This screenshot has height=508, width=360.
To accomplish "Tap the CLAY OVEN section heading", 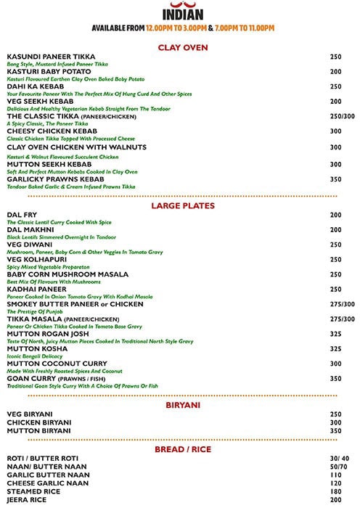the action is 183,48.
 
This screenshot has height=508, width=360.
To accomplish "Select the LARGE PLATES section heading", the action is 183,206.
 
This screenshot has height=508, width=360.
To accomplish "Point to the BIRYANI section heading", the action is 183,406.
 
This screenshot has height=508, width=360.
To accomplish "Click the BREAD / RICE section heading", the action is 183,451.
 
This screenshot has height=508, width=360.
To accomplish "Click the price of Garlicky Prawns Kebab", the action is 335,179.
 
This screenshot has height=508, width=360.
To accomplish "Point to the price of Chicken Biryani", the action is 335,422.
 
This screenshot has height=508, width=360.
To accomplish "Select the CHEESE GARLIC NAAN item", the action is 47,483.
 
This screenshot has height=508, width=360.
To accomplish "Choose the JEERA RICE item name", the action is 28,499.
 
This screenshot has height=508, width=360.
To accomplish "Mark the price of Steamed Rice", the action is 335,491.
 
